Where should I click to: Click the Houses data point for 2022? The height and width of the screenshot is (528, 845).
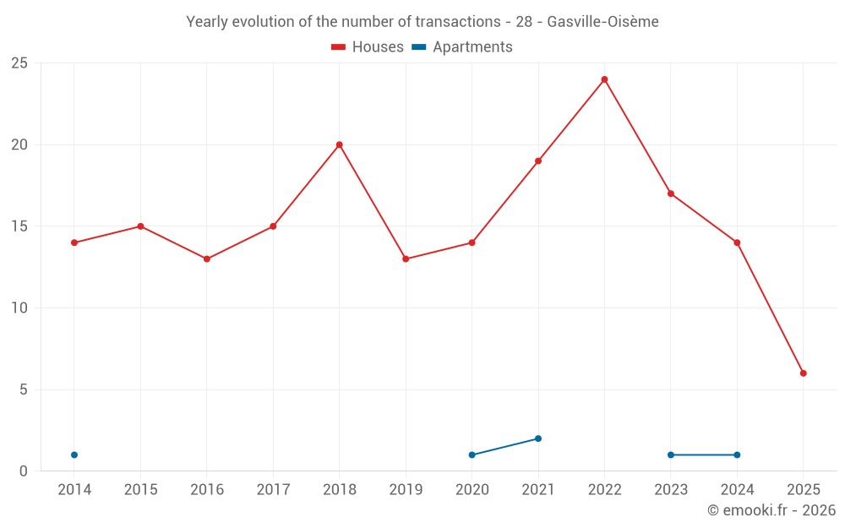coord(604,79)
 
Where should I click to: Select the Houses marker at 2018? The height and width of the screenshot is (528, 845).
coord(339,144)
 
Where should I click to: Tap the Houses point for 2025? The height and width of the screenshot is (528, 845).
coord(803,373)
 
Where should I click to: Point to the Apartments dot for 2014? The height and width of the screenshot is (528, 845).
coord(74,455)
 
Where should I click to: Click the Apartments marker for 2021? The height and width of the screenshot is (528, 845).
coord(538,438)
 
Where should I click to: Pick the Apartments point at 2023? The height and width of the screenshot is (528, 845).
coord(671,455)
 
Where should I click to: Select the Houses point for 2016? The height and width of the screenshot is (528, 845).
coord(207,259)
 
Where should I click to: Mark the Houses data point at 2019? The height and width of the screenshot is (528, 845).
coord(406,259)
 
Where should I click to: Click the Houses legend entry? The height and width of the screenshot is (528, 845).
coord(368,47)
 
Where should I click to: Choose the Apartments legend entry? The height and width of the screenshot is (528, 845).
coord(462,47)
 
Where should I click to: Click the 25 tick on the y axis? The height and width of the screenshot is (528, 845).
coord(19,63)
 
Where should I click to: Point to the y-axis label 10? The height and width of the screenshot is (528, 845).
coord(19,308)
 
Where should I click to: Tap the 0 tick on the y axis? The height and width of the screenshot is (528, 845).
coord(24,471)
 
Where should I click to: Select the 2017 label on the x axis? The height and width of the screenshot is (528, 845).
coord(273,490)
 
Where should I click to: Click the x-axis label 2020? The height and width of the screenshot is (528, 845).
coord(472,490)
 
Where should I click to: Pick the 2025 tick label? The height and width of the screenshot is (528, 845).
coord(803,490)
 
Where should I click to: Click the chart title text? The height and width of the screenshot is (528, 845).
coord(422,22)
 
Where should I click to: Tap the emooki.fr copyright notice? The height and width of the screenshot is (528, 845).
coord(771,510)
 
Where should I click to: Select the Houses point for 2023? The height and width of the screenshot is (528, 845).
coord(671,193)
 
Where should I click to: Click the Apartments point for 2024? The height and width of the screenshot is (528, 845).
coord(737,455)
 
